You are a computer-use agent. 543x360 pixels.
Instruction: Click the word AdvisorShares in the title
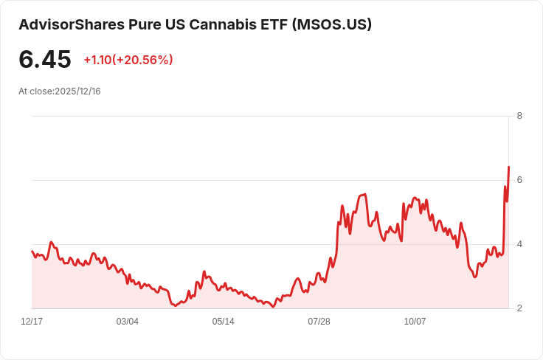coord(72,24)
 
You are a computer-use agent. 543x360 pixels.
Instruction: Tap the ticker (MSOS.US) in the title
coord(332,24)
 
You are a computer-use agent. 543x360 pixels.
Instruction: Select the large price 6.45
coord(45,59)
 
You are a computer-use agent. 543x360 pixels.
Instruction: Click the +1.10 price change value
coord(97,60)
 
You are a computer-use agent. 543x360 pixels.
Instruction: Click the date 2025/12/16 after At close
coord(77,91)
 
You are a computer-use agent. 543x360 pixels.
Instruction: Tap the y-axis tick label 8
coord(519,116)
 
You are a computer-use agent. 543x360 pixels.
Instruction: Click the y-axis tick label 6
coord(519,180)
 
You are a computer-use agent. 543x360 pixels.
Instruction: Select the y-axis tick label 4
coord(519,244)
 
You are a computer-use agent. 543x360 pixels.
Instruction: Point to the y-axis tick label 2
coord(519,308)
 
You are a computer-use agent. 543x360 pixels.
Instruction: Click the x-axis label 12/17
coord(32,322)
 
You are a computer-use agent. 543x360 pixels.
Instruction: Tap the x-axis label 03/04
coord(128,322)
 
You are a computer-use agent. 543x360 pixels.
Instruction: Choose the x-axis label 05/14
coord(223,322)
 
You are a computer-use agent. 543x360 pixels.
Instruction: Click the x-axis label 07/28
coord(319,322)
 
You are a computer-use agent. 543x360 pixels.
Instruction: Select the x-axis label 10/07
coord(415,322)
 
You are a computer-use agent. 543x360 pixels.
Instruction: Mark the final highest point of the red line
coord(509,167)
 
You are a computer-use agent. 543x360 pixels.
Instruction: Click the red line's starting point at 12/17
coord(32,252)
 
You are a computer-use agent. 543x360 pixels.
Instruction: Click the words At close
coord(36,91)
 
